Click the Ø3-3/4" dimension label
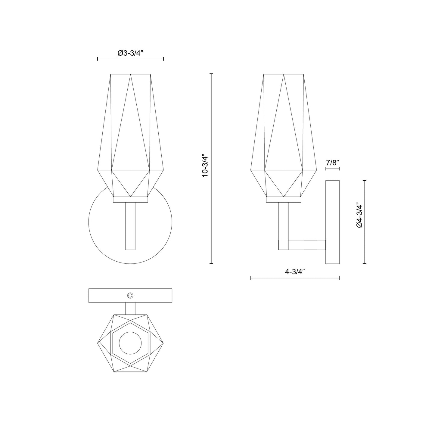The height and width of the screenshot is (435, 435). [x=130, y=53]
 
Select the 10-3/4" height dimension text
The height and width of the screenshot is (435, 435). [x=205, y=166]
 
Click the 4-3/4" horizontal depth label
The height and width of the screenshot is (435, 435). [x=295, y=272]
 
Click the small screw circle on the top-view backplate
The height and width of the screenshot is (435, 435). [x=130, y=296]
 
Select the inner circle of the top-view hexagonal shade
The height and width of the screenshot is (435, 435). [x=130, y=343]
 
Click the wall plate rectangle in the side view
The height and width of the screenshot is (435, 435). [x=333, y=222]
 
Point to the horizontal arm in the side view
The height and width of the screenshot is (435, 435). [x=307, y=245]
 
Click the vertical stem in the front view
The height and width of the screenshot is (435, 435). [x=130, y=226]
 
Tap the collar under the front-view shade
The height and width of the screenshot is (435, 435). [x=130, y=200]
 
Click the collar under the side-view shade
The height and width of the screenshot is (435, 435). [x=283, y=200]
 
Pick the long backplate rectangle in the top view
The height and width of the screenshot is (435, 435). [x=102, y=296]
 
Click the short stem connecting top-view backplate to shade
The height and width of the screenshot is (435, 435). [x=130, y=308]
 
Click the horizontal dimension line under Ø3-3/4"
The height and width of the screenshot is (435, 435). [x=130, y=59]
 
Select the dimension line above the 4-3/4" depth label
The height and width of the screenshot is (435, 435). [x=295, y=278]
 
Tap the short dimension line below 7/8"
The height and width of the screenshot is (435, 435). [x=332, y=169]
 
